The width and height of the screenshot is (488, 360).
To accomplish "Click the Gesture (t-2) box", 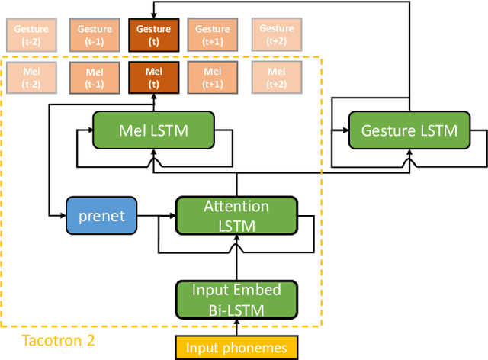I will tap(30, 34).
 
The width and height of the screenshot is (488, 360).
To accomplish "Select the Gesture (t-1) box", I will tap(94, 34).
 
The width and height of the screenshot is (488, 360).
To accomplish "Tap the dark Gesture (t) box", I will tap(153, 34).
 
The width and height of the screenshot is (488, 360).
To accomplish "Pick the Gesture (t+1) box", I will tap(212, 34).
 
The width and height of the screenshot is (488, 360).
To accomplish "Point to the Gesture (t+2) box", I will tap(276, 34).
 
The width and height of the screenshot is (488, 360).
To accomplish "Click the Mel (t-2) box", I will tap(30, 79).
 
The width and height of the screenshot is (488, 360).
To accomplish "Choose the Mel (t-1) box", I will tap(94, 79).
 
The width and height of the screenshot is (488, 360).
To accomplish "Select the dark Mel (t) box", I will tap(153, 79).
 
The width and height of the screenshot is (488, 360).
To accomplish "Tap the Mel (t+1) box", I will tap(212, 79).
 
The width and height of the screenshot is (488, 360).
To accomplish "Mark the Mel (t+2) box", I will tap(276, 79).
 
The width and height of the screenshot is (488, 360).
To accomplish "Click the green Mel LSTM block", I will tap(152, 130).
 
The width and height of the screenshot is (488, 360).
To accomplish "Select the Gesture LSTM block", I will tap(409, 130).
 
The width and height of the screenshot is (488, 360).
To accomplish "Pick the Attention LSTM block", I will tap(236, 216).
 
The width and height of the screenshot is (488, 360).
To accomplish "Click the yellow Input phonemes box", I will tap(236, 348).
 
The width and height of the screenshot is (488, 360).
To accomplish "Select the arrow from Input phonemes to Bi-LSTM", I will tap(236, 326).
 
